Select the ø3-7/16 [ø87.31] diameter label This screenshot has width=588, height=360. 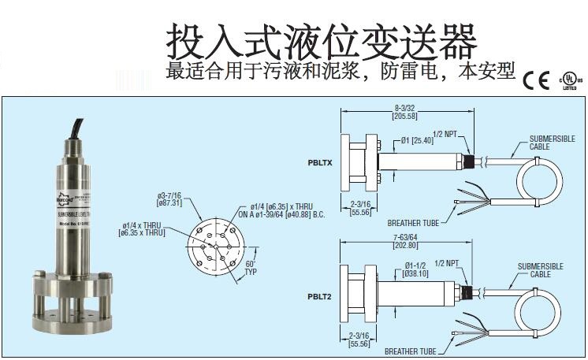171,198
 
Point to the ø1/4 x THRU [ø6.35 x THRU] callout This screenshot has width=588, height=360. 143,228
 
